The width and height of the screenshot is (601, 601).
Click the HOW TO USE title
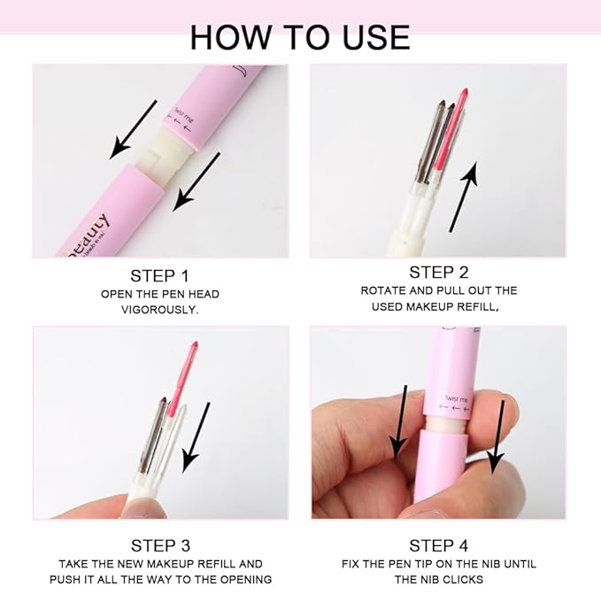click(300, 36)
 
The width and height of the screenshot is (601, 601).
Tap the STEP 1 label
click(159, 275)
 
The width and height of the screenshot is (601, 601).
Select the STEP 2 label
click(439, 272)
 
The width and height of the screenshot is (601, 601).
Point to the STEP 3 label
click(160, 545)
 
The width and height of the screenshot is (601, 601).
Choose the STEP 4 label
click(439, 545)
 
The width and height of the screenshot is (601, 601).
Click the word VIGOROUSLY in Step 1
click(159, 310)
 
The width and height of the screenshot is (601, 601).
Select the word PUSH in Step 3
click(77, 580)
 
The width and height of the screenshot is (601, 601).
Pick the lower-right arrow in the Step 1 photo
click(196, 181)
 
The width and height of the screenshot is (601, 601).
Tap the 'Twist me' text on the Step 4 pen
click(458, 400)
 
